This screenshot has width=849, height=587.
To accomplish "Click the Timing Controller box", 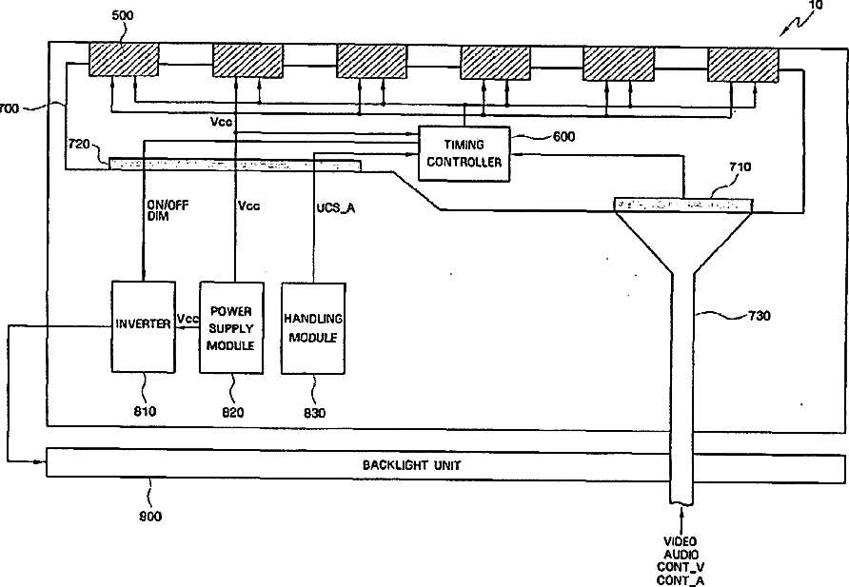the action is coord(464,154).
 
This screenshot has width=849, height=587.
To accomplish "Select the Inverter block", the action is coord(144,326).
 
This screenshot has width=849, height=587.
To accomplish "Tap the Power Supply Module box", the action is coord(231,327).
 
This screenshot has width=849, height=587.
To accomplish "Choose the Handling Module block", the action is coord(313,328).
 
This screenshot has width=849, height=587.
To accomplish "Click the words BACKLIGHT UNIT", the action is coord(411,465).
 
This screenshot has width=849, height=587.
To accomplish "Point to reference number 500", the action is coord(123,15).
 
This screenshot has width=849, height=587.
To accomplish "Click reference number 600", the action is coord(563,137).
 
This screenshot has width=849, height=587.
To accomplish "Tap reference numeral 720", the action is coord(79,145).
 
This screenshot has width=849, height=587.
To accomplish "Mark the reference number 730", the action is coord(760,316).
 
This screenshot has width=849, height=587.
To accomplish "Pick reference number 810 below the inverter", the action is coord(145,411).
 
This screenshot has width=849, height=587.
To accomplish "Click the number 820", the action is coord(233,412).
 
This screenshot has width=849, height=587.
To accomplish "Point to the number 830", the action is coord(315,413).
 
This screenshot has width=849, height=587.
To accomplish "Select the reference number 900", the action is coord(150,517).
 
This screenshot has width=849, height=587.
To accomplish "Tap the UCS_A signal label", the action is coord(336,207).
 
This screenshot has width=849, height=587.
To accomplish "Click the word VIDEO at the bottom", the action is coord(681,541).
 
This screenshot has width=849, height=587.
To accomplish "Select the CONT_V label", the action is coord(681,567).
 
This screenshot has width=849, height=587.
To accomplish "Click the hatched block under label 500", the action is coord(124,60).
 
